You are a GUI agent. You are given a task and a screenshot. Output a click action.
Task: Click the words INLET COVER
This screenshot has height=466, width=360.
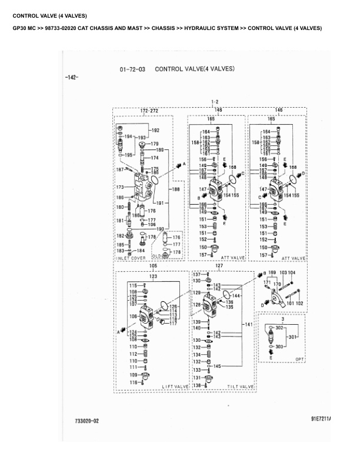(x=131, y=258)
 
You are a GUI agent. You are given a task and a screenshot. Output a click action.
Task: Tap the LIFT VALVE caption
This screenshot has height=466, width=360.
(x=175, y=386)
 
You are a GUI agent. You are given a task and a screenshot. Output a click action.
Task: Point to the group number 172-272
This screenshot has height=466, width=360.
(x=149, y=111)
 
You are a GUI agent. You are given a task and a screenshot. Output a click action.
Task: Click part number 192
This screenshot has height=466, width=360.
(x=155, y=130)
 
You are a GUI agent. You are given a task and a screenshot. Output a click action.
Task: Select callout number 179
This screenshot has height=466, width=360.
(x=154, y=144)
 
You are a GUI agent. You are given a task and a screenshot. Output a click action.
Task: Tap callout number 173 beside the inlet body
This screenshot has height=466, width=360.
(x=120, y=187)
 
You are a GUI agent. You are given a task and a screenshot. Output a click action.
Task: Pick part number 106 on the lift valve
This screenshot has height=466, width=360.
(x=134, y=317)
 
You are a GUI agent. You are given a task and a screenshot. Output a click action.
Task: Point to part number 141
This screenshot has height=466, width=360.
(x=249, y=324)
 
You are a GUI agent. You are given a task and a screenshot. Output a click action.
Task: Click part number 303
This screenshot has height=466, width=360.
(x=279, y=347)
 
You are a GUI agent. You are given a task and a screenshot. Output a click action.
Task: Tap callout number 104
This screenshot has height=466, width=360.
(x=292, y=273)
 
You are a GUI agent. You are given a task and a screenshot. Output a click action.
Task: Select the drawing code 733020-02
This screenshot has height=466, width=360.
(x=87, y=421)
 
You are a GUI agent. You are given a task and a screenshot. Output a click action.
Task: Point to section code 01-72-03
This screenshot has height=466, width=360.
(x=132, y=69)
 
